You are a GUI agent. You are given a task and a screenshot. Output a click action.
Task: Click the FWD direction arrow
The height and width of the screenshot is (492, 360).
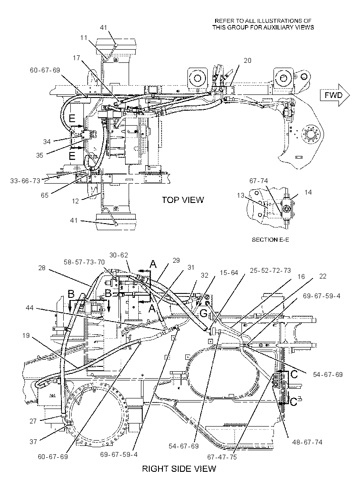tap(335, 95)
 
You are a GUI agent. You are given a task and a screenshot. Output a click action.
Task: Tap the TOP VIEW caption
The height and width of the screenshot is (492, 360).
tap(183, 199)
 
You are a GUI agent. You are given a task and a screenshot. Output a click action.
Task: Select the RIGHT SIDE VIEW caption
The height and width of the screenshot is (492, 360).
tap(179, 469)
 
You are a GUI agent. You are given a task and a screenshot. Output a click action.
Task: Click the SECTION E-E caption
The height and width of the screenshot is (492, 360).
tap(270, 240)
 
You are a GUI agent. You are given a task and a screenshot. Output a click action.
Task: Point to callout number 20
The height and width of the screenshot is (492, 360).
tap(248, 60)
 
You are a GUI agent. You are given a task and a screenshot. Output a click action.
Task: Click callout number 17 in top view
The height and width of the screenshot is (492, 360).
tap(76, 58)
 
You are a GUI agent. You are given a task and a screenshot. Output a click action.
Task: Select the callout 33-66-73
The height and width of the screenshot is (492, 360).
tap(25, 181)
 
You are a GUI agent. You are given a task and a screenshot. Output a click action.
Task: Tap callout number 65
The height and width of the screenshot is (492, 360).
tap(45, 195)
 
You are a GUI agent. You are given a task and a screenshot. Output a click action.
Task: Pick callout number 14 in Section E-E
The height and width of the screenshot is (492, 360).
tap(308, 192)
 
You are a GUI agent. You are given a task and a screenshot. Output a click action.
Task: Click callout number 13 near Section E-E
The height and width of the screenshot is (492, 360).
tap(241, 195)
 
